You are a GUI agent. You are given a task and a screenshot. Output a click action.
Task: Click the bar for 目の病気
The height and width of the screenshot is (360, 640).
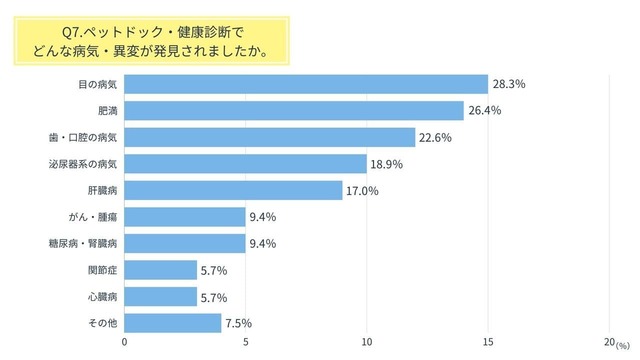306,84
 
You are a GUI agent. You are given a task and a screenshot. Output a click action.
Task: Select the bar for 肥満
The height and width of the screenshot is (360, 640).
294,110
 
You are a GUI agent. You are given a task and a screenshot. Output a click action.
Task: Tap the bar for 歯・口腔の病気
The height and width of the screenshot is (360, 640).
270,137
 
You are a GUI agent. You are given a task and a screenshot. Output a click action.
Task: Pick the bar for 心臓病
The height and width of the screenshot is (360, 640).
160,297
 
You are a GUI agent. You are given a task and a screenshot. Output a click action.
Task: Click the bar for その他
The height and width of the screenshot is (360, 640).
172,323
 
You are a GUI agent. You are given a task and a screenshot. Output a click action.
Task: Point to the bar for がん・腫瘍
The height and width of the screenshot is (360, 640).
185,217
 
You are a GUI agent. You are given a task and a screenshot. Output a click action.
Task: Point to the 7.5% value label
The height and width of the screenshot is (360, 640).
239,323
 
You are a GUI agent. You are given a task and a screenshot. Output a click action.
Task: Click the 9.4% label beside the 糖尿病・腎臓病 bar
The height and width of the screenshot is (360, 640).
262,243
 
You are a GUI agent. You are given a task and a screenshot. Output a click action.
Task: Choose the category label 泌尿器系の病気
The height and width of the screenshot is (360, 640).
89,164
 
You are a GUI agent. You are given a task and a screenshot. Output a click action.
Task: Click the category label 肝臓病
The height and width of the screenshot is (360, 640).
103,190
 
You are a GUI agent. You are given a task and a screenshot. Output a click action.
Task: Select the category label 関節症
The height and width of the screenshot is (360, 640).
103,270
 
